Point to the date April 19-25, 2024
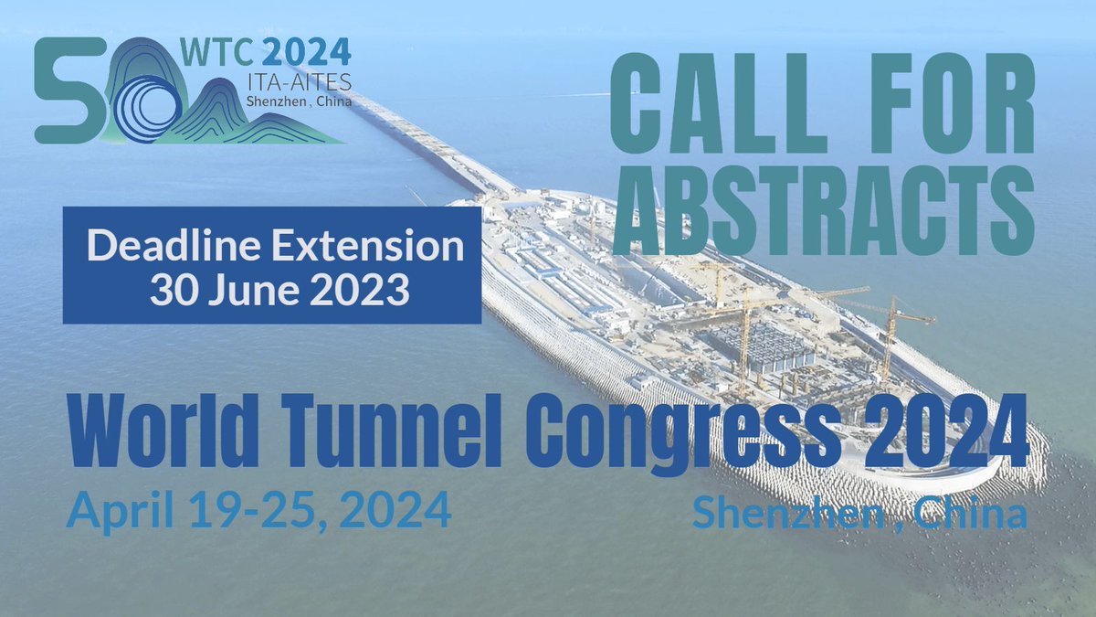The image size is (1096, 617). tap(258, 510)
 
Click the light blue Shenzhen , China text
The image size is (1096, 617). tap(859, 513)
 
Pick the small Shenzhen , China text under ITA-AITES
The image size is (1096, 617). tap(299, 101)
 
